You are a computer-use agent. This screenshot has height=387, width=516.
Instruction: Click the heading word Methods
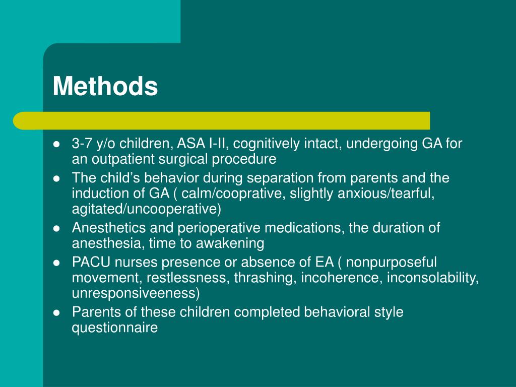click(105, 86)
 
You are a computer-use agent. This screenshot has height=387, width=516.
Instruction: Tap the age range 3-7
click(81, 144)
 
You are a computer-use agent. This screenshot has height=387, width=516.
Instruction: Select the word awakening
click(230, 243)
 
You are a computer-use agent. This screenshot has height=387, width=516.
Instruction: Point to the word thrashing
click(265, 277)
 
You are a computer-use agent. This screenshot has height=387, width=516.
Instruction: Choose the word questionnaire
click(114, 328)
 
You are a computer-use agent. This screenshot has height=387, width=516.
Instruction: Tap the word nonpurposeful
click(392, 262)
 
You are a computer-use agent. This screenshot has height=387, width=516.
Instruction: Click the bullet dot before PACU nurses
click(57, 263)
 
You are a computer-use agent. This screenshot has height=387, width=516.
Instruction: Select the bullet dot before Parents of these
click(57, 312)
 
